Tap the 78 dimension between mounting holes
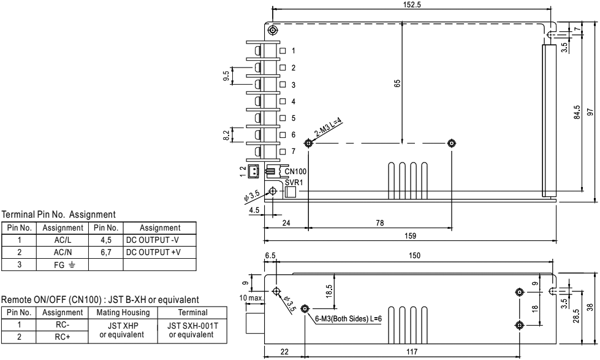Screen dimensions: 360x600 [379, 223]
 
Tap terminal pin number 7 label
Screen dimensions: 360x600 [294, 151]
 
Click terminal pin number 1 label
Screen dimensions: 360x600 [294, 50]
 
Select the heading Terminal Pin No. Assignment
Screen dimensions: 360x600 [59, 215]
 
